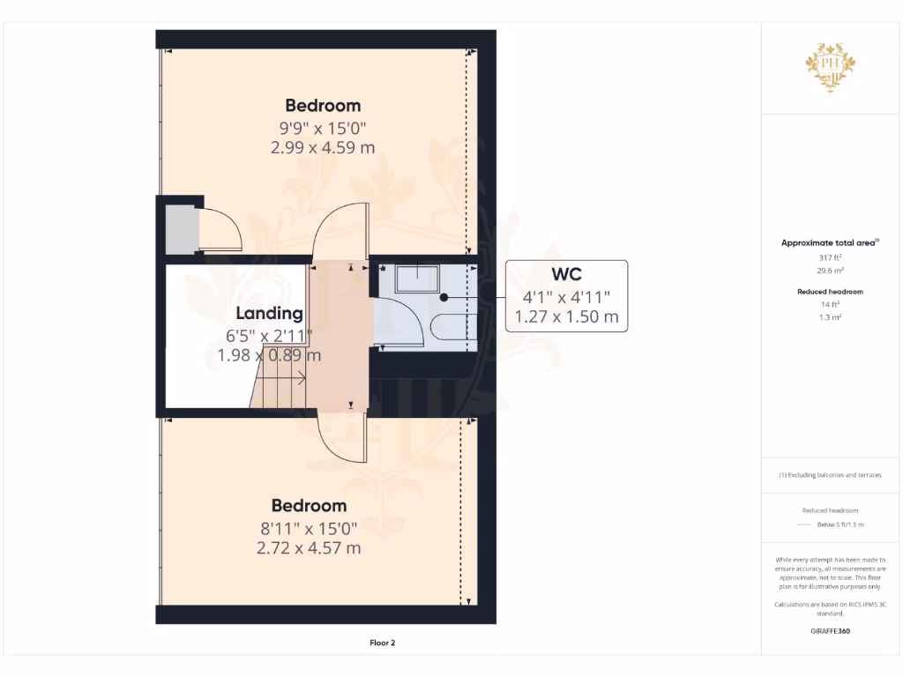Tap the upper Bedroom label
322,106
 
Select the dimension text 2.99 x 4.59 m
322,147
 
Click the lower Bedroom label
309,506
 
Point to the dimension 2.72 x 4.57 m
309,547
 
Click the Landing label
269,313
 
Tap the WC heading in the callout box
566,275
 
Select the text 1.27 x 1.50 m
566,316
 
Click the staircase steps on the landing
278,388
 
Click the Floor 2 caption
382,643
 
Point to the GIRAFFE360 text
830,631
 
